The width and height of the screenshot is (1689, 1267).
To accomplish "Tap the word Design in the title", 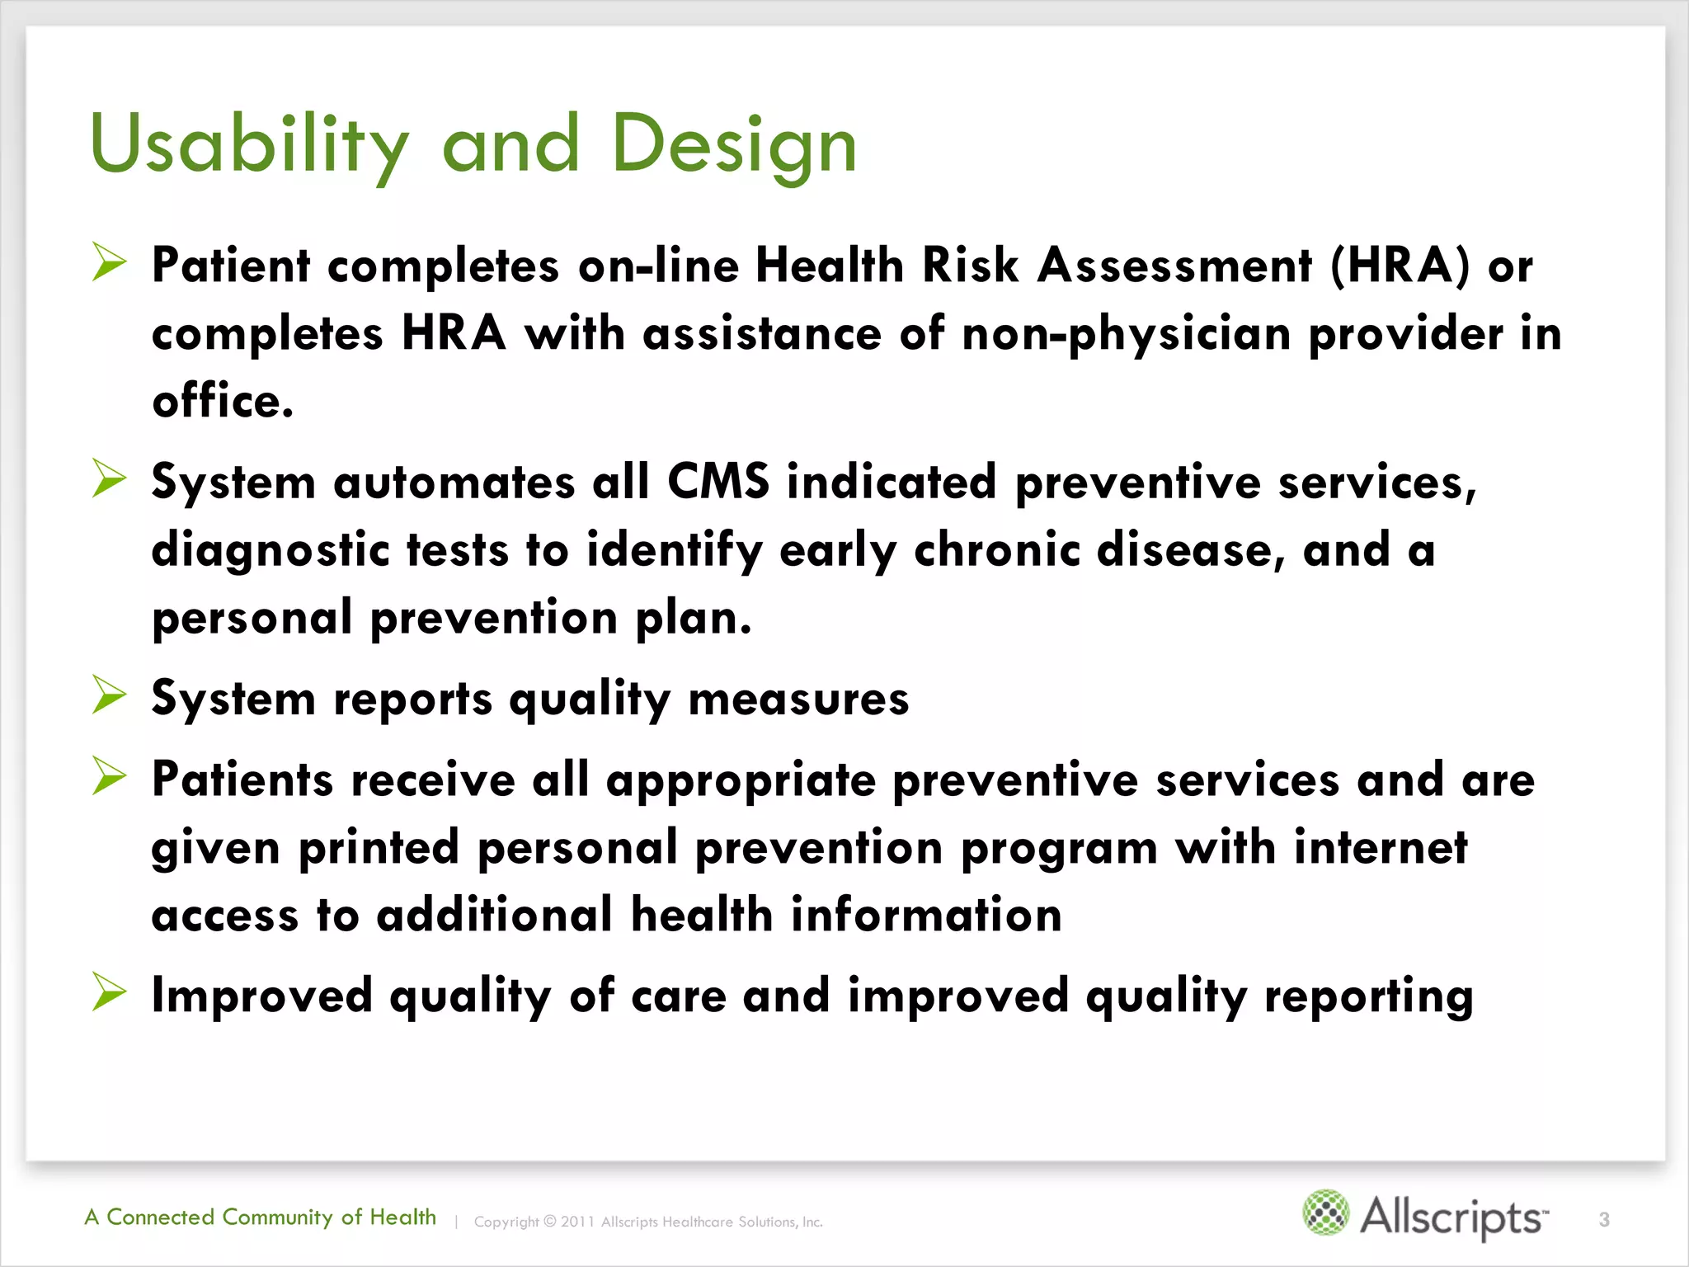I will (734, 146).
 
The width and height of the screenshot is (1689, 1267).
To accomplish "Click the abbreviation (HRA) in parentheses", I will (1400, 266).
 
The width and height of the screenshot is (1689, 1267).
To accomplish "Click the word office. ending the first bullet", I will (223, 402).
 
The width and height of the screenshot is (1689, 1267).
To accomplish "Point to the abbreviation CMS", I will (718, 482).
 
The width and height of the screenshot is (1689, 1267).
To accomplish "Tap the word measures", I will (798, 699).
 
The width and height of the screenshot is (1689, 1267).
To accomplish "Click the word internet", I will (1381, 848).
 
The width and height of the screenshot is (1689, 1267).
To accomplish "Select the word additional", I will (495, 916).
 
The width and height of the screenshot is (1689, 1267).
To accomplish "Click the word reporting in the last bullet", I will (1368, 997).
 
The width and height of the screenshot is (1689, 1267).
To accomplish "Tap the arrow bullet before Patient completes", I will (109, 262).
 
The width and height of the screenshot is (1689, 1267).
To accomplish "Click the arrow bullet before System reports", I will (109, 695).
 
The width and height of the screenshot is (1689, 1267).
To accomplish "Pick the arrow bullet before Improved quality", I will (109, 991).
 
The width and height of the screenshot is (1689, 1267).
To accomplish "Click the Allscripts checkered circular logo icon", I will (1325, 1213).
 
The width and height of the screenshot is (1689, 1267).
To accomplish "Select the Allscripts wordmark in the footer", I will (1453, 1218).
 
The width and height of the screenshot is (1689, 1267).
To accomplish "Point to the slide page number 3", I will (1604, 1219).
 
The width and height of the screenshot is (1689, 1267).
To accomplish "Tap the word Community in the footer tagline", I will (277, 1218).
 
